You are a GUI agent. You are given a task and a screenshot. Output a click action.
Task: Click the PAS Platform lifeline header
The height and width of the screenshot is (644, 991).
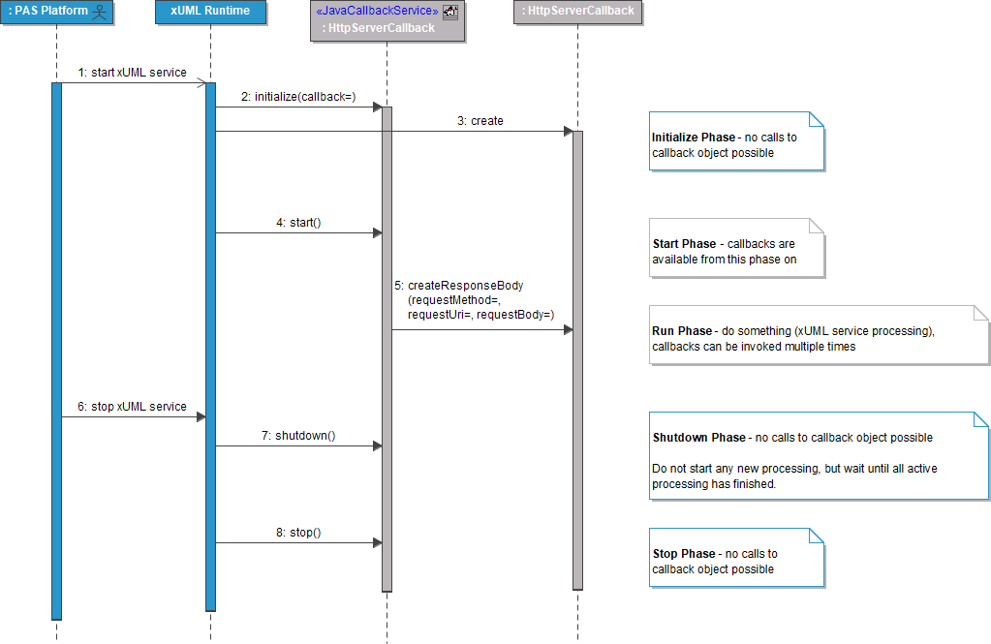(48, 12)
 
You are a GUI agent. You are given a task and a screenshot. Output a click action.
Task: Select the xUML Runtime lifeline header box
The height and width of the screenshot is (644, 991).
(210, 12)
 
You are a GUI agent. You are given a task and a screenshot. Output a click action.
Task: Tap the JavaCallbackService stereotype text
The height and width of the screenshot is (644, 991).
(377, 11)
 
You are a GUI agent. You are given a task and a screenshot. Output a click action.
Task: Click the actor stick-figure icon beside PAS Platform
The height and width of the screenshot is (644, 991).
(98, 12)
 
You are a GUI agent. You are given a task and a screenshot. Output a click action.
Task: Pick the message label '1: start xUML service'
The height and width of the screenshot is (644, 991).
(132, 73)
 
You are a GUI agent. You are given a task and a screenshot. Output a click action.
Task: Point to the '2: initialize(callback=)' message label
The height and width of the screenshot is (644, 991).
(298, 97)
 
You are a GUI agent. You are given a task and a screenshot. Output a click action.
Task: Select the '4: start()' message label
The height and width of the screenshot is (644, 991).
(298, 223)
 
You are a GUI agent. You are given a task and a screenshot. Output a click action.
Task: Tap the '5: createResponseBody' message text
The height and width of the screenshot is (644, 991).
(458, 286)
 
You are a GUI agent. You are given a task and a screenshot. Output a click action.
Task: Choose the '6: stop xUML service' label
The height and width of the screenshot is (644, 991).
(132, 407)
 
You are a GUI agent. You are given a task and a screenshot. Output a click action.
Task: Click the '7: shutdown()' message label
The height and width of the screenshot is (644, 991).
(298, 436)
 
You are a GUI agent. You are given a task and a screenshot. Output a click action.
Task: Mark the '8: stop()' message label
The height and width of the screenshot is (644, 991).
(298, 533)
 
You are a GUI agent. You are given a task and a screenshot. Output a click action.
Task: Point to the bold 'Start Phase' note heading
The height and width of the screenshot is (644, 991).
(685, 244)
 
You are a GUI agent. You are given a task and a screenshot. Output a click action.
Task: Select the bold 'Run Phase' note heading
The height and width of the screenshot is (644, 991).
(682, 331)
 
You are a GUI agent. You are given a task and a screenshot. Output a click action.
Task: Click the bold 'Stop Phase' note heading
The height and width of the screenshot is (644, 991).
(684, 554)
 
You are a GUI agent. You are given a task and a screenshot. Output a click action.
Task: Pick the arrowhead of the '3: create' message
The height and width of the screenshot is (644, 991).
(568, 132)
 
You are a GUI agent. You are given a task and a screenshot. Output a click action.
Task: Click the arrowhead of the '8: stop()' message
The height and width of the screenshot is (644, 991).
(377, 543)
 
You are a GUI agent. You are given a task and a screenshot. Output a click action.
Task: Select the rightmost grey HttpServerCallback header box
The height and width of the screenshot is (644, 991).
(578, 12)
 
